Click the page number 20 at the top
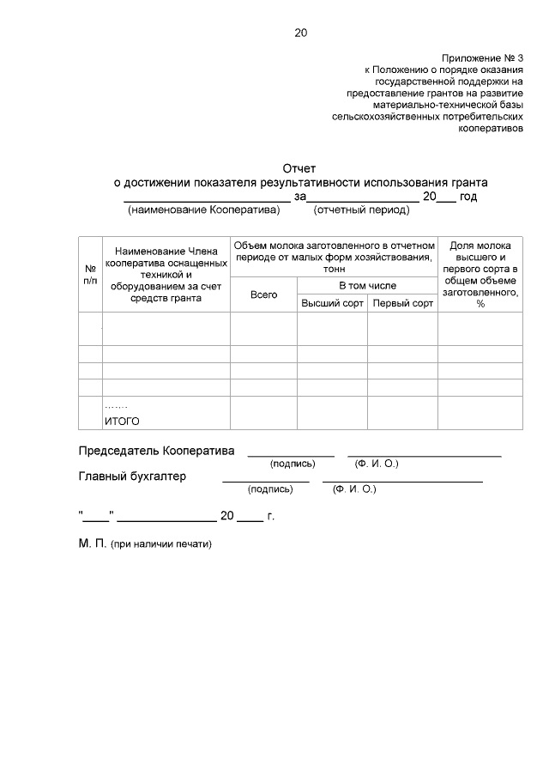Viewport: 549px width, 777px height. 300,33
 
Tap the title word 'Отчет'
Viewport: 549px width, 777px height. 300,168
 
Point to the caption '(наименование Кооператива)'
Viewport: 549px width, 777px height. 204,209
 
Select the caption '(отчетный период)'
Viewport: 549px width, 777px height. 361,209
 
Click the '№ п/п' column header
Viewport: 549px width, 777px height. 90,273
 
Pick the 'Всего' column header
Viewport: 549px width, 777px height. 263,294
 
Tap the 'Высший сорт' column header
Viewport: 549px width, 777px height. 332,303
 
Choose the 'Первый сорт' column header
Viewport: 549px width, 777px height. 402,303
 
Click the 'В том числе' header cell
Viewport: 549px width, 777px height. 367,285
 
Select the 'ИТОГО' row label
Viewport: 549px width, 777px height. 122,421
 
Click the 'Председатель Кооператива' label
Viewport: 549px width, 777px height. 156,451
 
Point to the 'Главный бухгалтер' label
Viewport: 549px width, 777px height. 133,477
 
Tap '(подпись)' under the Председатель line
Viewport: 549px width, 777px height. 293,464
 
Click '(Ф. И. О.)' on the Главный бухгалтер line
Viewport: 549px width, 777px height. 353,489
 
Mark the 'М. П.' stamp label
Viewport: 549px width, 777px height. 90,543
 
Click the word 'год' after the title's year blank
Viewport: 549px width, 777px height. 468,196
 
